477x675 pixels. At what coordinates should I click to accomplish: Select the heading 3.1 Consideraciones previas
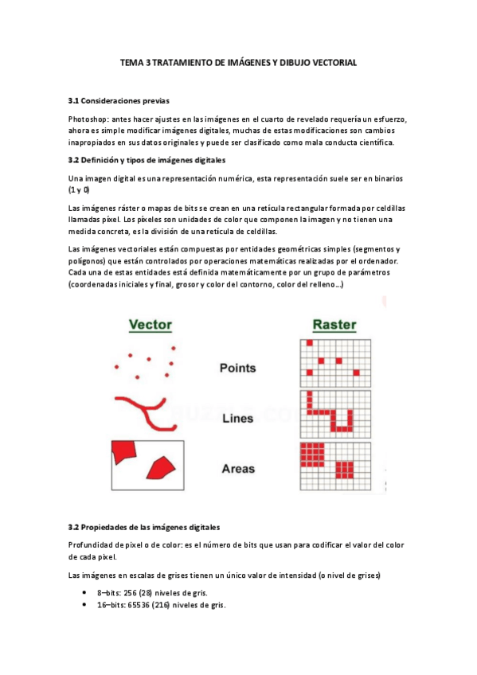[x=119, y=101]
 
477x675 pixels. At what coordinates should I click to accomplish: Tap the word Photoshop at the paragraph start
[x=89, y=119]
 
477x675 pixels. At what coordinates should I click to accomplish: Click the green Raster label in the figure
[x=334, y=325]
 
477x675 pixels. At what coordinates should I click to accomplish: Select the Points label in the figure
[x=237, y=368]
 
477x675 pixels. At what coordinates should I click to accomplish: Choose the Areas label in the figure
[x=237, y=469]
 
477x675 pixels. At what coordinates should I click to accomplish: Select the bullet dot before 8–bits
[x=84, y=593]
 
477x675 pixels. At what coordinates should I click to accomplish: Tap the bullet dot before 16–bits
[x=84, y=605]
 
